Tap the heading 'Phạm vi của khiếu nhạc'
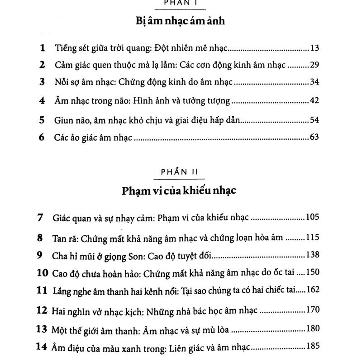click(180, 191)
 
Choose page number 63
click(315, 137)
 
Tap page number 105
click(313, 218)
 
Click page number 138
click(313, 255)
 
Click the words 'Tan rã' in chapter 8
click(65, 237)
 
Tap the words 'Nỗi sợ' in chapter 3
click(65, 83)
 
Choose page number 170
click(313, 310)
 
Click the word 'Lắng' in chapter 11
click(63, 291)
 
